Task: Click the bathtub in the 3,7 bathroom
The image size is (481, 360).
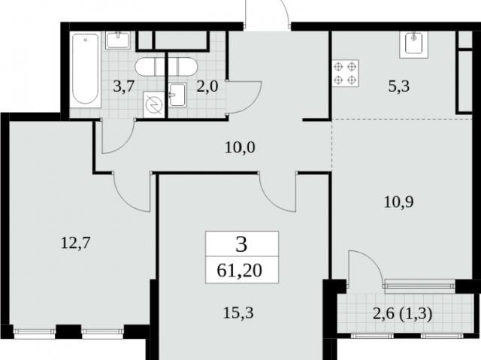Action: click(x=85, y=70)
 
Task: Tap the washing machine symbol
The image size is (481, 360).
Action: click(x=153, y=104)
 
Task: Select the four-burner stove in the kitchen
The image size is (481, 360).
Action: click(x=345, y=74)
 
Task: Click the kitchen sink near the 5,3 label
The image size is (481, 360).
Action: click(x=414, y=45)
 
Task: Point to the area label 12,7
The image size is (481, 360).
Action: click(x=75, y=244)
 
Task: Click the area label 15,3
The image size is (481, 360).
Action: click(x=238, y=313)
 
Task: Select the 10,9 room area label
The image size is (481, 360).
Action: click(x=399, y=201)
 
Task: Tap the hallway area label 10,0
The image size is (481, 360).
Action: click(x=240, y=147)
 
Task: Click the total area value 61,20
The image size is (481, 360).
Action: click(x=239, y=271)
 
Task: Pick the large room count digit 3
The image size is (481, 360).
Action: click(x=242, y=245)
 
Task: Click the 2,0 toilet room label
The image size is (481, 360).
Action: click(x=207, y=86)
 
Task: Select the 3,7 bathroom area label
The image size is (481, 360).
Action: click(x=123, y=86)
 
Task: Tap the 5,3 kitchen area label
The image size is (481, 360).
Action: click(x=399, y=86)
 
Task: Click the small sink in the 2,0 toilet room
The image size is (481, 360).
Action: click(x=177, y=95)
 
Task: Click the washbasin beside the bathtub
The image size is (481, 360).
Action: click(x=118, y=40)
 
